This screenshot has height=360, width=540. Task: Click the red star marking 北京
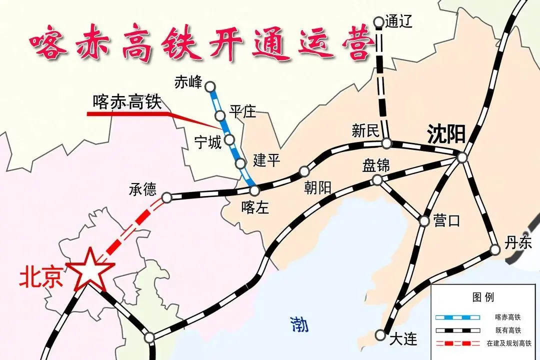(90, 270)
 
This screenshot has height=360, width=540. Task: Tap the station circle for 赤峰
(210, 85)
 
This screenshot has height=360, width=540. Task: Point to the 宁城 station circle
(229, 139)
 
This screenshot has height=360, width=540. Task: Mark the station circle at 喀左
(254, 190)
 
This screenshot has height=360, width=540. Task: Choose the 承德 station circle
(167, 197)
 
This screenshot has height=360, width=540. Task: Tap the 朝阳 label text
(317, 187)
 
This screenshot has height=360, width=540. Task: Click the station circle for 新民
(386, 143)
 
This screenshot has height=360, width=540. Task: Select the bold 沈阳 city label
(446, 134)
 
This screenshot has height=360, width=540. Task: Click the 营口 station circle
(424, 220)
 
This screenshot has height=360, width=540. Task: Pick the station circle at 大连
(381, 335)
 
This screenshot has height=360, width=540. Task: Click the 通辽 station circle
(378, 22)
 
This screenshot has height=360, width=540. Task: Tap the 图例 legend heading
(483, 297)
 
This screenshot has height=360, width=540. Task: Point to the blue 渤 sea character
(299, 325)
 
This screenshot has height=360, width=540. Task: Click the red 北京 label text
(40, 278)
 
